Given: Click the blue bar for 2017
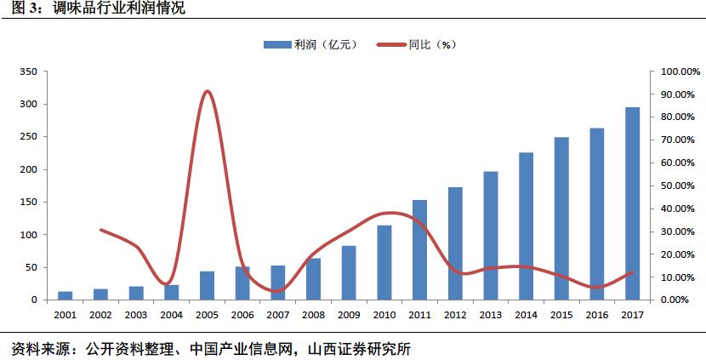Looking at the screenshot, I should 632,204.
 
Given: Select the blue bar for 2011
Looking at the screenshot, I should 419,250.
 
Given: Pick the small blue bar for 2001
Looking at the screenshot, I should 65,295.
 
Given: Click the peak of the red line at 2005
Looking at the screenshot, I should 208,91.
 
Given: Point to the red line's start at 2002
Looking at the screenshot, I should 100,230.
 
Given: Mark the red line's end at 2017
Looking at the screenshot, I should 632,272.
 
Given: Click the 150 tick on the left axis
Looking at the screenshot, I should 27,203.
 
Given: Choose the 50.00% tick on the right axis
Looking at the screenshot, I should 674,186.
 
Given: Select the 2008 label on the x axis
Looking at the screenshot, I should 313,314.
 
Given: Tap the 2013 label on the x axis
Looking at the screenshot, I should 491,314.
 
